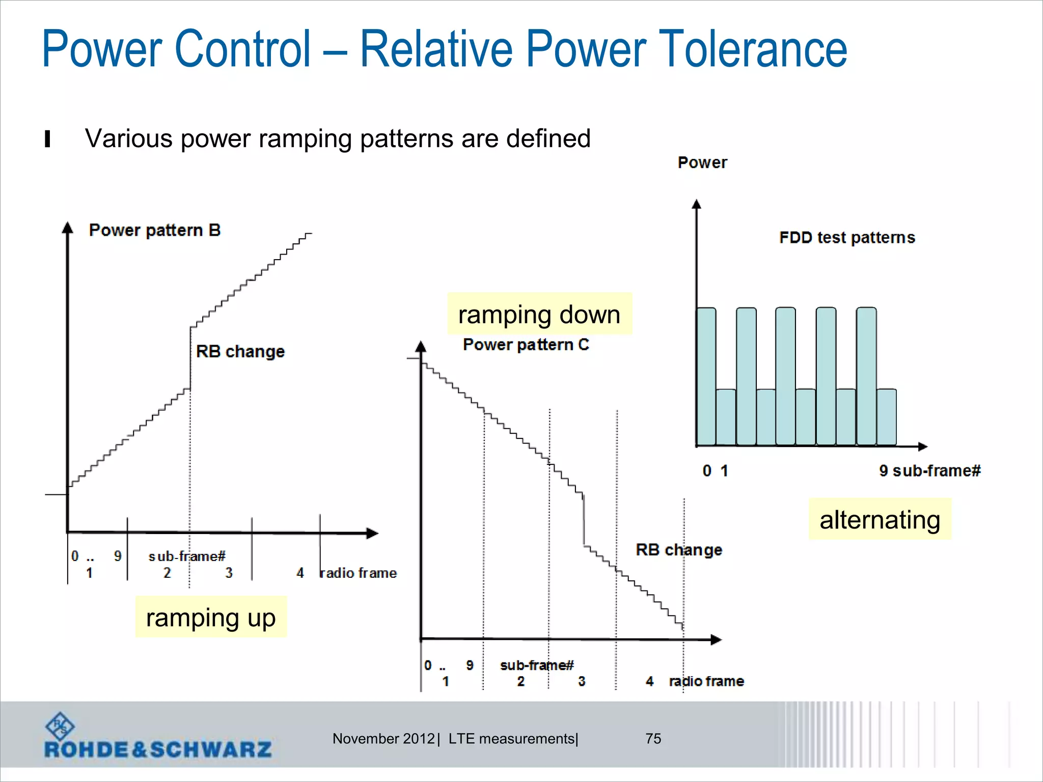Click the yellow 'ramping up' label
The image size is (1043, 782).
(211, 618)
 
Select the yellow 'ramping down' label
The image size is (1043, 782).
(539, 314)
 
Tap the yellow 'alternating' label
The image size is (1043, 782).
(880, 520)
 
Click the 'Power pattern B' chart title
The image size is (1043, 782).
(155, 230)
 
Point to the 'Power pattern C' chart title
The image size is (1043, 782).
(526, 345)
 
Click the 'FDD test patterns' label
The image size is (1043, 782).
(847, 238)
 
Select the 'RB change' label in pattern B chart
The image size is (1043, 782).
(240, 351)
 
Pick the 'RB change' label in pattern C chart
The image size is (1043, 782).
(679, 550)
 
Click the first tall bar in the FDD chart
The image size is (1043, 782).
(706, 377)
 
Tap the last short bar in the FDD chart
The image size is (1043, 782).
(886, 417)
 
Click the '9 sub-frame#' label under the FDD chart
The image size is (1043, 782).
(929, 471)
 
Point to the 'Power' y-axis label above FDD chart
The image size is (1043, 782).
(702, 162)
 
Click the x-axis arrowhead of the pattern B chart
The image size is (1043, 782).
(373, 534)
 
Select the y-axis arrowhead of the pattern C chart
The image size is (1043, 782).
(421, 347)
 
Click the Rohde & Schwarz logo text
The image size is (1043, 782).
(158, 749)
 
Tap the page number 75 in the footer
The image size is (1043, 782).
(653, 739)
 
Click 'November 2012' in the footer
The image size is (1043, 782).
(383, 739)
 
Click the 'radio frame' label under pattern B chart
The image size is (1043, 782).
(358, 573)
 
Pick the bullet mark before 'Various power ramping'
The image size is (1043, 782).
(47, 139)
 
